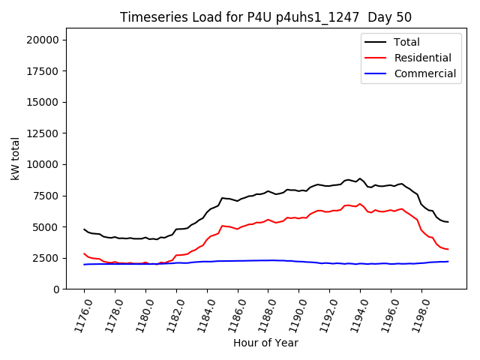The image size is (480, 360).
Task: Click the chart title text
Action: point(265,17)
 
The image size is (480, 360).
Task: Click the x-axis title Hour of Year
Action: point(265,343)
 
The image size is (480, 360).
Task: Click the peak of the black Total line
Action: point(360,178)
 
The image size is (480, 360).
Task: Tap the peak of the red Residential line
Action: point(360,203)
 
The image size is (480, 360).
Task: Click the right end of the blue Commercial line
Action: point(448,261)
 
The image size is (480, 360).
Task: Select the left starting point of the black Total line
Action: point(84,229)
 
